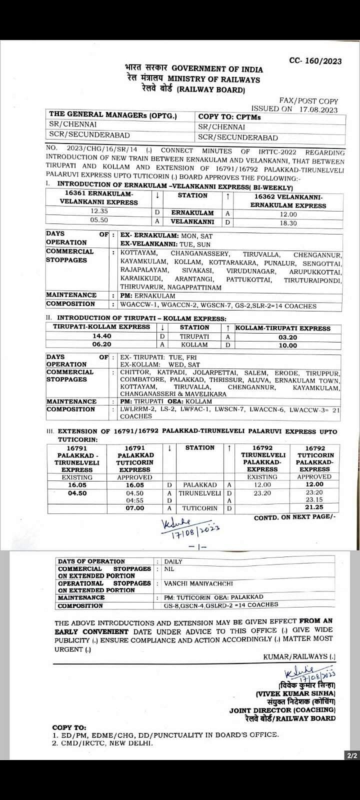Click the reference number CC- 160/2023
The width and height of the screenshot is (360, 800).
coord(315,61)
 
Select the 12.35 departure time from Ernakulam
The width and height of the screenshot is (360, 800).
coord(98,211)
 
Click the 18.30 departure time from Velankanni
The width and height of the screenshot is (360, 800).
coord(288,223)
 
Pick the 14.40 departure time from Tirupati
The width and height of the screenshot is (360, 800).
coord(100,336)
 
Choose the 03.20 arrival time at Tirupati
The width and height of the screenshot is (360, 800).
coord(288,337)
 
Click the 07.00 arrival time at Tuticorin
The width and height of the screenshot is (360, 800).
coord(135,508)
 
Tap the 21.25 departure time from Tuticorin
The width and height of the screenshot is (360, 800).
coord(314,507)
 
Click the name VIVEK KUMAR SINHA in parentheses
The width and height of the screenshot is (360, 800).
coord(295,693)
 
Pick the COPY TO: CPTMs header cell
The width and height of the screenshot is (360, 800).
coord(229,117)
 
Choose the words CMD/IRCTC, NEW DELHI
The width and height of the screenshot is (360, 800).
coord(107,742)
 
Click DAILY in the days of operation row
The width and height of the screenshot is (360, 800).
coord(173,561)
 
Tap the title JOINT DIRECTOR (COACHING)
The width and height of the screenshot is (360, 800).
coord(282,710)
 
